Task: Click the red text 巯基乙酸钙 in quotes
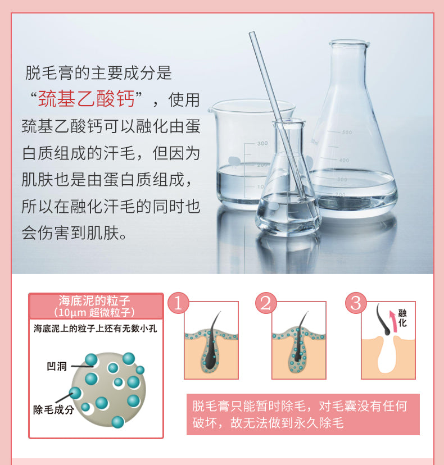(87, 99)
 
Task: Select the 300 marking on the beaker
(262, 144)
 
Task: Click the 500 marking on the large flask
(347, 133)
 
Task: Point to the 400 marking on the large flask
(344, 161)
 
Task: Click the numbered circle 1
(178, 303)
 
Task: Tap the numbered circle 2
(266, 303)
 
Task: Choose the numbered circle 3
(356, 303)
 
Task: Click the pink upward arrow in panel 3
(393, 321)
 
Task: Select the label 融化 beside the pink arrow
(402, 318)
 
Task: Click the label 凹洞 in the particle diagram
(57, 367)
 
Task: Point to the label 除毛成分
(53, 410)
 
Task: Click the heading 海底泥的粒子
(94, 300)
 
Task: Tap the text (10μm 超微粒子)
(94, 313)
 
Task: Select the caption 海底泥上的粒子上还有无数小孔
(95, 329)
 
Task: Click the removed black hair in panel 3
(383, 320)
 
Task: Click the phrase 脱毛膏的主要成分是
(98, 73)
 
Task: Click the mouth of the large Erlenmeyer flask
(349, 43)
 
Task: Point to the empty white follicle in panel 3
(388, 356)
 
